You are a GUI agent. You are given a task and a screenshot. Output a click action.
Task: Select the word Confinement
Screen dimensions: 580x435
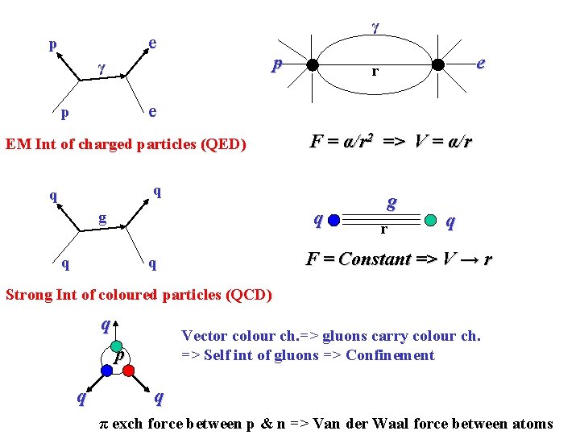390,355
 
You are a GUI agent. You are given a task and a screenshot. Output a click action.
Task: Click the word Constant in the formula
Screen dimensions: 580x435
375,259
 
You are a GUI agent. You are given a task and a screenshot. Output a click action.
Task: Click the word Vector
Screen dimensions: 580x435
205,336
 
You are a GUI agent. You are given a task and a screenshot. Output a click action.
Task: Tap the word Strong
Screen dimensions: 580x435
28,295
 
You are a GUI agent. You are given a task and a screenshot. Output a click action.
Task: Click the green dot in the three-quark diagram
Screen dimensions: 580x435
116,346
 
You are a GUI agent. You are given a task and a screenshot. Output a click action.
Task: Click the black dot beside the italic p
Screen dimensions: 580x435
312,65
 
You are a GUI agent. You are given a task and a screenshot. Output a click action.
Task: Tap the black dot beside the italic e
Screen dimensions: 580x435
437,65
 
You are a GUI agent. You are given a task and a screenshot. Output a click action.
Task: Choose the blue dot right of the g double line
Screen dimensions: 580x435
433,217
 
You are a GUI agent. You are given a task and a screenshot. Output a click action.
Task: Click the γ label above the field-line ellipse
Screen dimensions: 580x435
375,27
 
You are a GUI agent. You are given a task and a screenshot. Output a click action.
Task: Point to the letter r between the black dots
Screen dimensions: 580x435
375,72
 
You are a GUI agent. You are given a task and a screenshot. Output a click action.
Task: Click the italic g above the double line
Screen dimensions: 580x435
391,201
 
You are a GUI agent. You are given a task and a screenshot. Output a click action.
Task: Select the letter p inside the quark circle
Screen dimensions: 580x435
118,357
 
